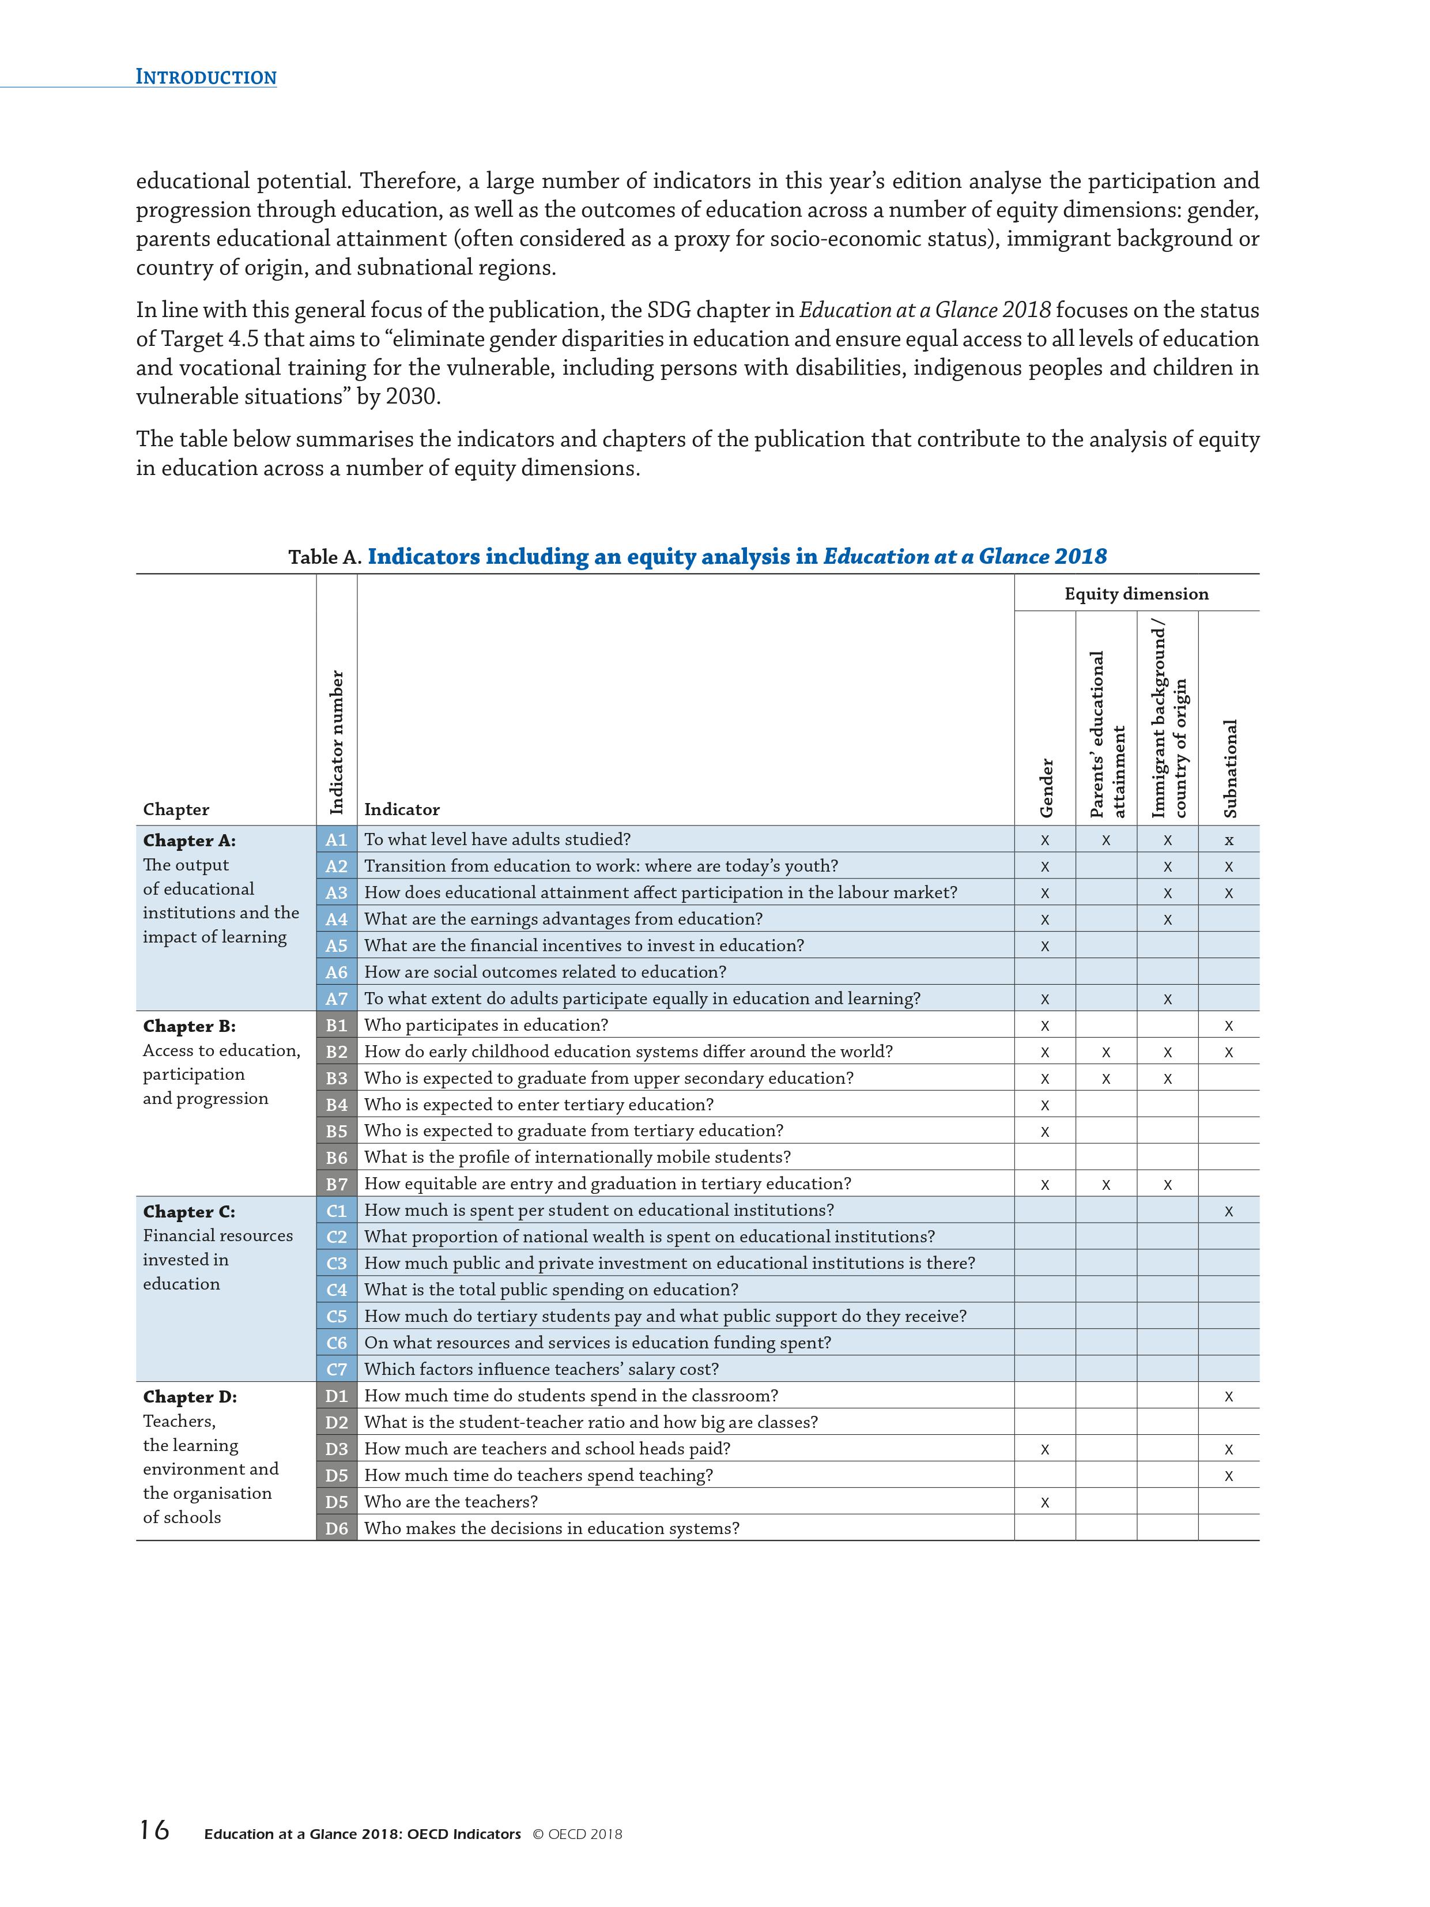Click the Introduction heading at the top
pos(206,77)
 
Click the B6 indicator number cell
pos(336,1157)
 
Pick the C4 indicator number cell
pos(336,1290)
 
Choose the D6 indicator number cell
pos(336,1528)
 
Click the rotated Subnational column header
pos(1230,768)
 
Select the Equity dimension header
pos(1136,594)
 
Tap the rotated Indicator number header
pos(337,741)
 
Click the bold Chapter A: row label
pos(189,841)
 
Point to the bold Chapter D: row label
pos(190,1397)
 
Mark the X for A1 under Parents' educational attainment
pos(1106,841)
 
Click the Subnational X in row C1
pos(1228,1211)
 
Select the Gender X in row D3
pos(1045,1450)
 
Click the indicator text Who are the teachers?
pos(451,1502)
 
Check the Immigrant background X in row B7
pos(1167,1185)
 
